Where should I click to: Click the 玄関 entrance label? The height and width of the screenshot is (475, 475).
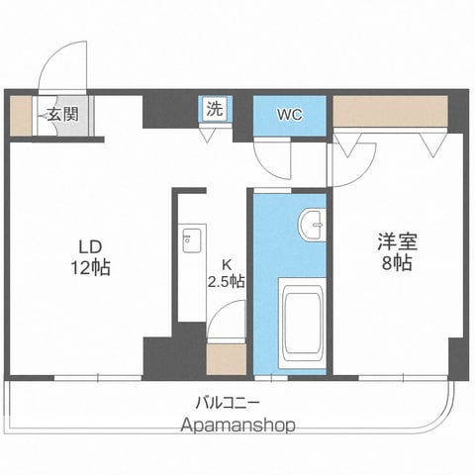click(x=63, y=115)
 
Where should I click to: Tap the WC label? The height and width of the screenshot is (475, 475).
click(x=289, y=115)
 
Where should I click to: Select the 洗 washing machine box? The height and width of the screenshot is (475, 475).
click(x=215, y=109)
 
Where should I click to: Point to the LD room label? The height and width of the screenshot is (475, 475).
click(x=90, y=246)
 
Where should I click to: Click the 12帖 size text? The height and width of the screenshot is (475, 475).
click(x=91, y=267)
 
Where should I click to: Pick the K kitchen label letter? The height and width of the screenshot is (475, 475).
click(x=227, y=264)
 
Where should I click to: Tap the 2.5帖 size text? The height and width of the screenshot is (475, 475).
click(x=227, y=281)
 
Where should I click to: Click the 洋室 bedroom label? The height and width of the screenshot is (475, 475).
click(x=398, y=241)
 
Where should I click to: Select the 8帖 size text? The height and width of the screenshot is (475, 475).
click(x=397, y=263)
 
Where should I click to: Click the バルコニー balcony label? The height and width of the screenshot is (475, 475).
click(x=228, y=403)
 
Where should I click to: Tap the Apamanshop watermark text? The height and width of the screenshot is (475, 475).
click(x=237, y=425)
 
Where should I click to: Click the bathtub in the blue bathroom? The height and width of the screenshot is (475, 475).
click(x=302, y=323)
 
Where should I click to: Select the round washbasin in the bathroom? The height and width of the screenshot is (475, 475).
click(x=312, y=225)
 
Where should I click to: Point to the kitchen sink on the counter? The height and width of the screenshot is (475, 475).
click(x=192, y=240)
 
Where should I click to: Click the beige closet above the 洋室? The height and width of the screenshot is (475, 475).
click(x=390, y=111)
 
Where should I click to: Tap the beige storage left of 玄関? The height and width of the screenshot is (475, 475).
click(x=21, y=116)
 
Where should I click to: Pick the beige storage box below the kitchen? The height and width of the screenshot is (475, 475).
click(x=227, y=359)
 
